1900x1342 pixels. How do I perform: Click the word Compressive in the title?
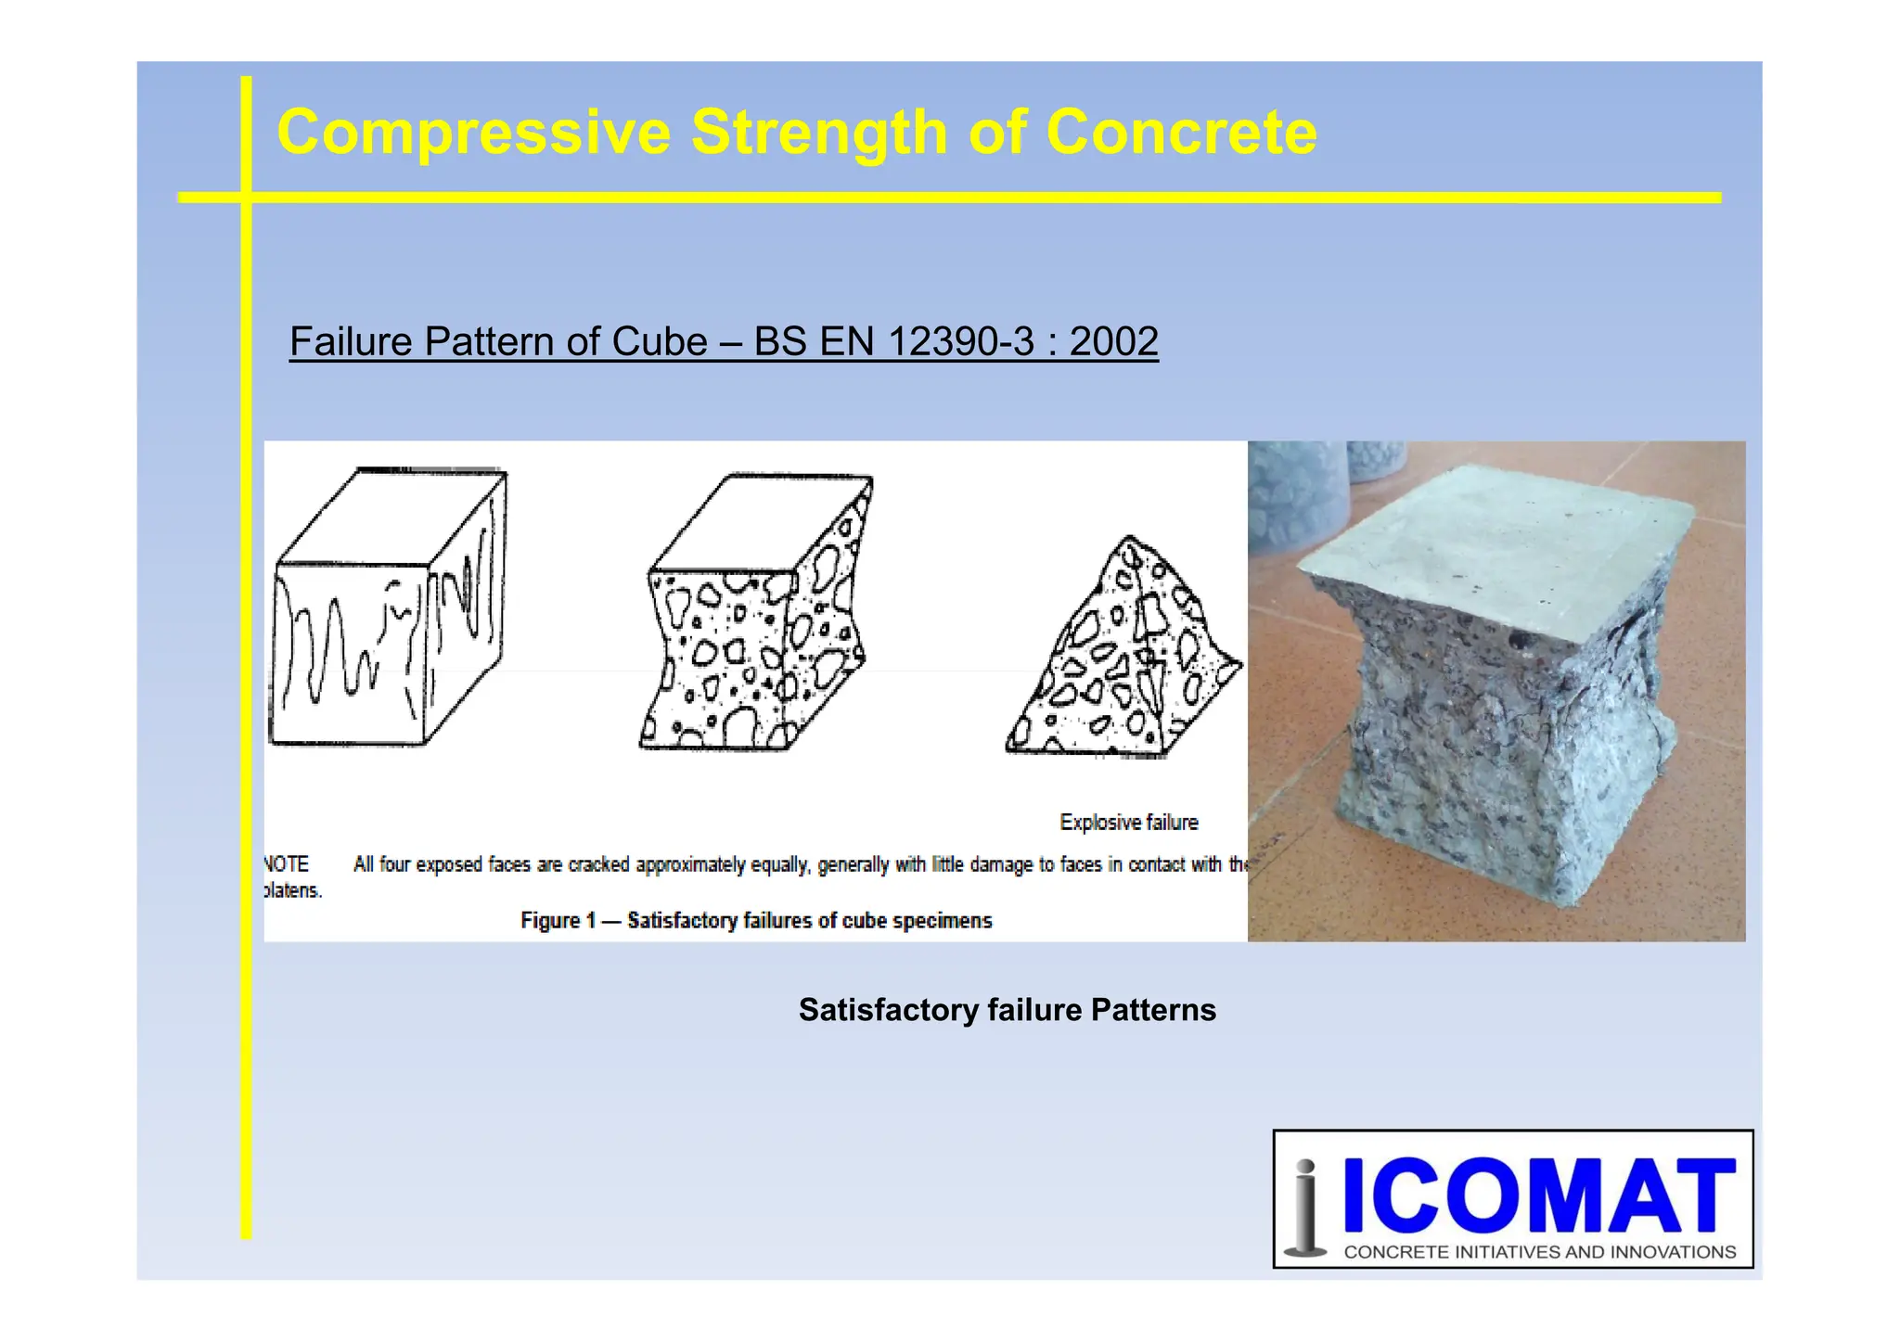473,132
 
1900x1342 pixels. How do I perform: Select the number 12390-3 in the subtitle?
960,341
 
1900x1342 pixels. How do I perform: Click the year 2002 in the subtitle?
1113,341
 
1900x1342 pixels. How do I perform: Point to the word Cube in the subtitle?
665,341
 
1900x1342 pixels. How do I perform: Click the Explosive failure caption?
1128,823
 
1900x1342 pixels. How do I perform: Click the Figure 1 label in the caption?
557,921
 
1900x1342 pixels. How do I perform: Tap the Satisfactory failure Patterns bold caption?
1007,1010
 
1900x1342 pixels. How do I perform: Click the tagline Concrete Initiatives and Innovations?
1539,1252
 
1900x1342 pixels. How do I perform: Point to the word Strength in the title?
819,132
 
